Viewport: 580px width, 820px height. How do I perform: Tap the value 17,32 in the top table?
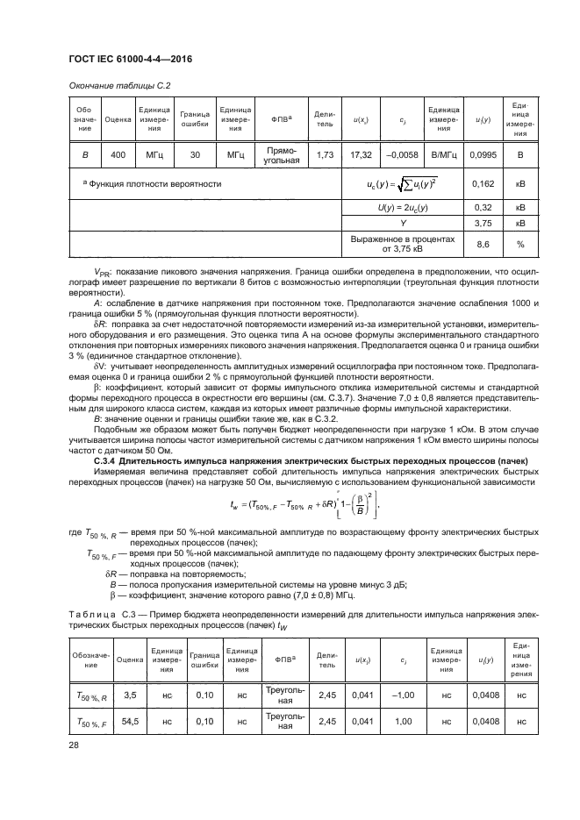pyautogui.click(x=360, y=155)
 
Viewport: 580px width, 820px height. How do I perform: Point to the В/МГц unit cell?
pyautogui.click(x=443, y=155)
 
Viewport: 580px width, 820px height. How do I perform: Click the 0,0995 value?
pyautogui.click(x=482, y=155)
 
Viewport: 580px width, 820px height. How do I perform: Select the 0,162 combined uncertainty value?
pyautogui.click(x=482, y=185)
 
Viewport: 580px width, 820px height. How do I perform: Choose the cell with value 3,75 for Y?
pyautogui.click(x=482, y=223)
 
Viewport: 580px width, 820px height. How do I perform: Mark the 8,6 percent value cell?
pyautogui.click(x=482, y=244)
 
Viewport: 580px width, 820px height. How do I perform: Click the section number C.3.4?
pyautogui.click(x=104, y=461)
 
